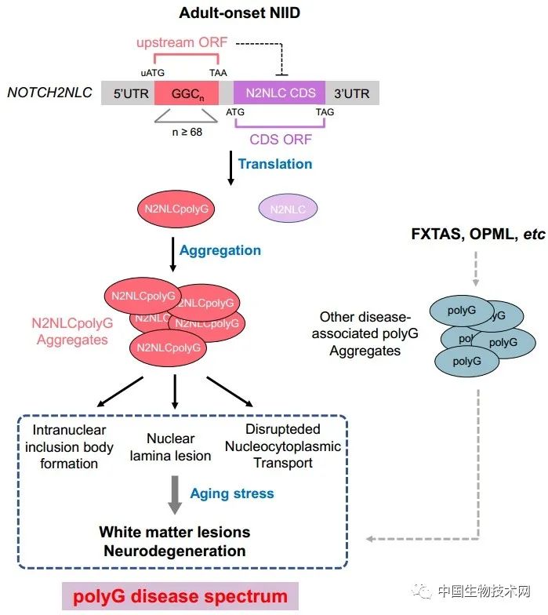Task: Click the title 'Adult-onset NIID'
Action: point(240,13)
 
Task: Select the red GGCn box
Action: point(187,93)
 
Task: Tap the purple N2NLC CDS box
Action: point(279,93)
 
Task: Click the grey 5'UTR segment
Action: point(129,93)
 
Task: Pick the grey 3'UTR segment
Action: point(352,93)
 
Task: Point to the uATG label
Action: point(152,73)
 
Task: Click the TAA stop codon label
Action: point(218,73)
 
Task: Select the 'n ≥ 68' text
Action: point(187,132)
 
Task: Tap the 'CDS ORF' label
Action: point(281,140)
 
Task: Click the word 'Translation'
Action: point(275,164)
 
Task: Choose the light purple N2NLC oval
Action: point(288,209)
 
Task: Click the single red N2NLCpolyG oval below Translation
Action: point(176,209)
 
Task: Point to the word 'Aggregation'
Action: point(220,250)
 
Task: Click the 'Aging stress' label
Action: point(232,493)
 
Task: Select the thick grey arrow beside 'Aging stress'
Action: point(175,495)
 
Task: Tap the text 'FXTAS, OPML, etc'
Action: point(478,234)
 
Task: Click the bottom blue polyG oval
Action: point(466,361)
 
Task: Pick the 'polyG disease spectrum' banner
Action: point(180,596)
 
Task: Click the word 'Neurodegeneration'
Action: point(175,551)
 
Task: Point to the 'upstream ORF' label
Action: point(182,42)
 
